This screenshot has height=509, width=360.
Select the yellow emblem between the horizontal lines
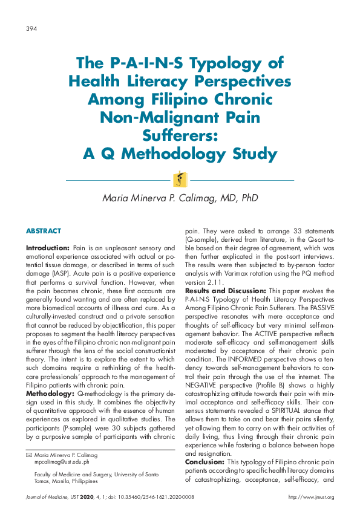click(180, 180)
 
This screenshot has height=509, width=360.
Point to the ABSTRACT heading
click(43, 232)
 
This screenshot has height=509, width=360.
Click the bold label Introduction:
click(48, 248)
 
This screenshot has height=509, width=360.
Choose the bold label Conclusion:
click(205, 462)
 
